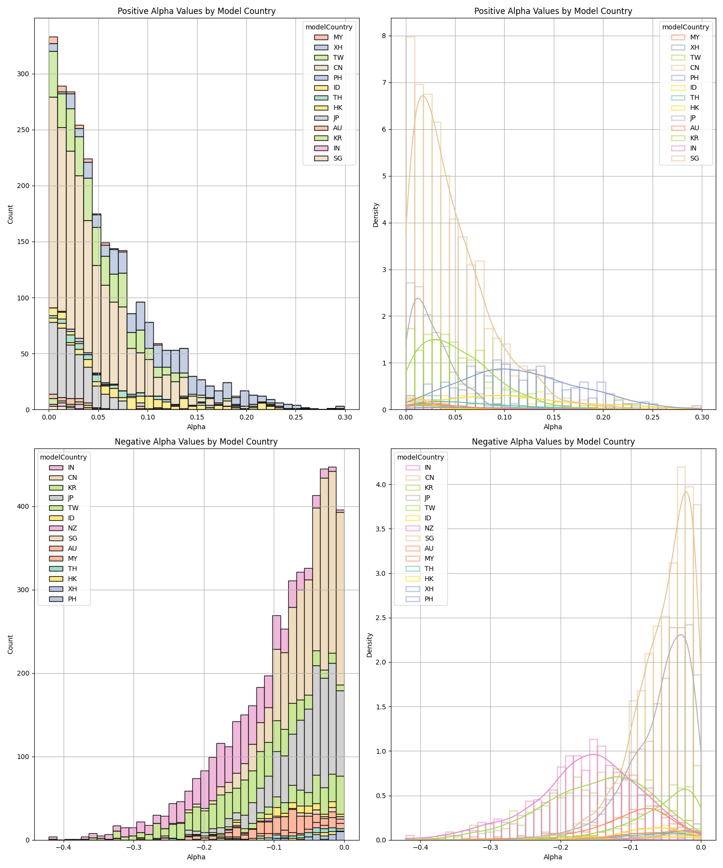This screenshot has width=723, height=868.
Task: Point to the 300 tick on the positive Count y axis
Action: [x=24, y=74]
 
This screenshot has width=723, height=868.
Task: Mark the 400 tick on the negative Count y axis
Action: [x=24, y=506]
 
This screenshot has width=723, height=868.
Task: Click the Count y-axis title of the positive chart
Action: [x=11, y=214]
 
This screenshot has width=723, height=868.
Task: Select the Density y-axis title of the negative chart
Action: [x=370, y=644]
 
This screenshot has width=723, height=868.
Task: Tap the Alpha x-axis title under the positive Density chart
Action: [x=553, y=427]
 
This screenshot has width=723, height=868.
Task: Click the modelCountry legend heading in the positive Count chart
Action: [x=329, y=27]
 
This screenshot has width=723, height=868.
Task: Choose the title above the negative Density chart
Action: [x=553, y=441]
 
